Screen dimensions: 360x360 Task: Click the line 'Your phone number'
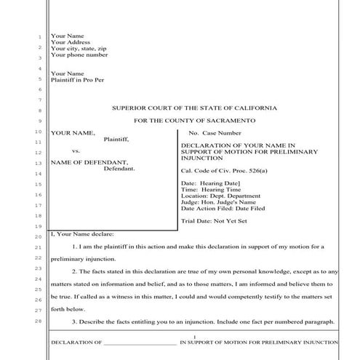(79, 55)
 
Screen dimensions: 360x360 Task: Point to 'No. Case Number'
(215, 133)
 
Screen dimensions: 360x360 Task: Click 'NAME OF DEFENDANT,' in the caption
(89, 161)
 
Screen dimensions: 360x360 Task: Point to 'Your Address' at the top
(71, 42)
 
